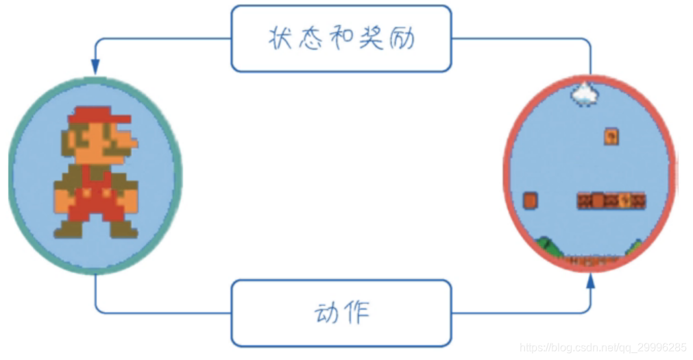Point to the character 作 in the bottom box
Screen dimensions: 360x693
click(356, 313)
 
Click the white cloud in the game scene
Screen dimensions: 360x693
click(584, 94)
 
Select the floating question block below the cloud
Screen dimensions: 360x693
click(611, 136)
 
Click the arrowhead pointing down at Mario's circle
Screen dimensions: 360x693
click(95, 66)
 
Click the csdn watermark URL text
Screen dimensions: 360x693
click(603, 348)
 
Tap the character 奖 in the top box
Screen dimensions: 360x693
click(372, 38)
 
